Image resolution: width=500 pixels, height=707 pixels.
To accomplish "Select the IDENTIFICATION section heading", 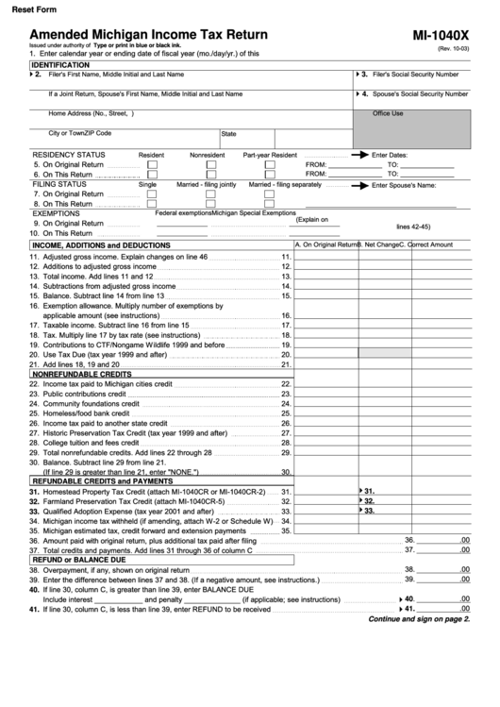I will [67, 64].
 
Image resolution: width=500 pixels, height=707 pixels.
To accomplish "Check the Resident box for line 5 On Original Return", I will [153, 164].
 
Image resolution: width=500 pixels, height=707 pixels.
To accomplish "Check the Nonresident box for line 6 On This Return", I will [211, 175].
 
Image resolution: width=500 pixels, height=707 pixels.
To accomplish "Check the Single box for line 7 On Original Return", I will [153, 194].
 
